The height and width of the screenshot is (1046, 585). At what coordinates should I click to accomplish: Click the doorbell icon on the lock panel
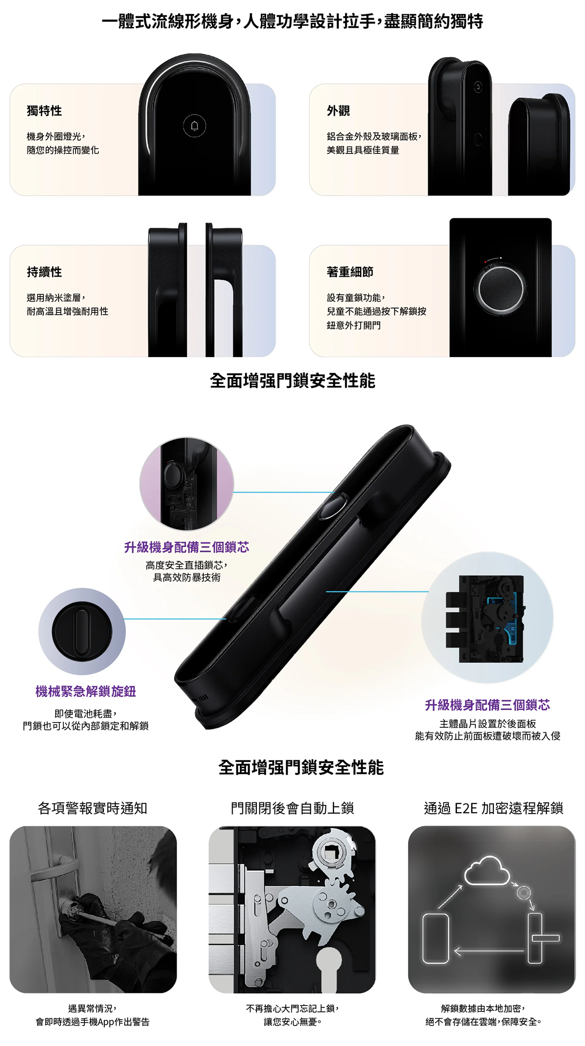[x=195, y=126]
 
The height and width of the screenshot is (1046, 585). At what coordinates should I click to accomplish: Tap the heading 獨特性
[x=44, y=111]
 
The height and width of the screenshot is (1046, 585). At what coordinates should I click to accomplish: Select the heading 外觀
[x=338, y=111]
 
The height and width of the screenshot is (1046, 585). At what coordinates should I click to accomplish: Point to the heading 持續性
[x=44, y=272]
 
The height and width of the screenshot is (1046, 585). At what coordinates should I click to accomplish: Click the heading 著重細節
[x=350, y=272]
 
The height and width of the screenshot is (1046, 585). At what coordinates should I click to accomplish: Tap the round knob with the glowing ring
[x=500, y=288]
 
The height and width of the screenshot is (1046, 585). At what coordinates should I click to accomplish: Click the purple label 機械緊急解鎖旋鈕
[x=86, y=691]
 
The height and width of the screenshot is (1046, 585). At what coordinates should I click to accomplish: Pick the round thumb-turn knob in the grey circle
[x=81, y=631]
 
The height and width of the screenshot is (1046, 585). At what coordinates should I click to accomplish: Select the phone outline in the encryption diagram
[x=435, y=938]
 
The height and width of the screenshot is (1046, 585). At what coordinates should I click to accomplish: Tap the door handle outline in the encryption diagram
[x=541, y=938]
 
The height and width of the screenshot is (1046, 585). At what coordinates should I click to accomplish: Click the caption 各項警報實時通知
[x=93, y=808]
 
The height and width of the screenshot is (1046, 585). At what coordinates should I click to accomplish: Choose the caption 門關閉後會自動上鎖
[x=292, y=808]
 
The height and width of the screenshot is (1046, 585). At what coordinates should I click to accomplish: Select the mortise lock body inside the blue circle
[x=486, y=619]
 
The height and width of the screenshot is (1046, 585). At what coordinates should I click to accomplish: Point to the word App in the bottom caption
[x=106, y=1022]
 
